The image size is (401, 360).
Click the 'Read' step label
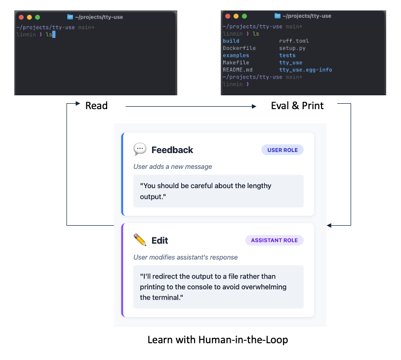coord(96,106)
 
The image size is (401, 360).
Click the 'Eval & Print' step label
coord(297,106)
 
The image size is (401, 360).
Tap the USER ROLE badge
coord(282,150)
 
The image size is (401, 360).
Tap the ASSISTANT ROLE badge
coord(274,240)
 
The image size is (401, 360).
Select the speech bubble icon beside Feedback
coord(140,150)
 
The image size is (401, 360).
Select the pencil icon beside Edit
coord(140,240)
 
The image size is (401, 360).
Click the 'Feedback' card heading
coord(172,150)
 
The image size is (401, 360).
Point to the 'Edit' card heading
coord(160,240)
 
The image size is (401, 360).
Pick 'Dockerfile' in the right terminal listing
coord(239,48)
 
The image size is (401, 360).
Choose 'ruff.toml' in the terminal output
coord(294,41)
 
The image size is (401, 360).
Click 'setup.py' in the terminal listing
coord(292,48)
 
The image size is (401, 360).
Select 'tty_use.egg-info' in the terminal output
coord(305,70)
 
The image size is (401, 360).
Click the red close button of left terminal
coord(21,17)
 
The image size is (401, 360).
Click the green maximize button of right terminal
coord(244,16)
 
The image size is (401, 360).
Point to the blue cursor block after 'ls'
coord(53,35)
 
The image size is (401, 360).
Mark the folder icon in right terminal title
coord(277,16)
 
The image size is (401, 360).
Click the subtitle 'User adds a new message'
coord(172,166)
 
